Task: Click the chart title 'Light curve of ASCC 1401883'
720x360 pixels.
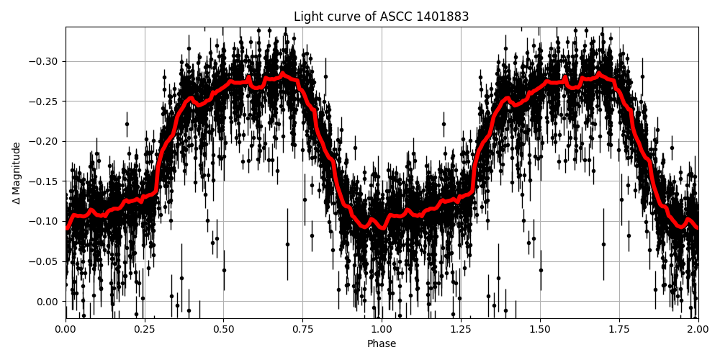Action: coord(382,17)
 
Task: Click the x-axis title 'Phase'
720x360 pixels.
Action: coord(382,344)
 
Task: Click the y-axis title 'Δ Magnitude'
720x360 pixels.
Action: coord(16,173)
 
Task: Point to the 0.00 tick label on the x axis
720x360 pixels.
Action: coord(66,330)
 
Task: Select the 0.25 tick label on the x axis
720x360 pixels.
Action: coord(145,330)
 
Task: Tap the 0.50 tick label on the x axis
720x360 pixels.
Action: coord(223,330)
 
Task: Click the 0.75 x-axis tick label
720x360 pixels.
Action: coord(302,330)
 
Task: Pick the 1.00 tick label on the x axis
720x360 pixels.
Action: coord(382,330)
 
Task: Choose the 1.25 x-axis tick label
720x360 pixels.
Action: coord(461,330)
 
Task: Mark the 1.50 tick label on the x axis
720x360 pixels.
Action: coord(540,330)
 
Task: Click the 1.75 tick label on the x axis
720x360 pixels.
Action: coord(618,330)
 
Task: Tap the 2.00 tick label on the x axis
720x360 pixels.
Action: coord(698,330)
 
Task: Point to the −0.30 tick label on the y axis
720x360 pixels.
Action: coord(45,61)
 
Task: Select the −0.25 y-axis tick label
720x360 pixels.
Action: coord(45,102)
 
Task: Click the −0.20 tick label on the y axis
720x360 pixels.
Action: coord(45,141)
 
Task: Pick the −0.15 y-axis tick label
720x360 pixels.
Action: coord(45,181)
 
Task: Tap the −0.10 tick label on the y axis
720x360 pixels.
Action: coord(45,221)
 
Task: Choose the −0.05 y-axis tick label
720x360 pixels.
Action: coord(45,261)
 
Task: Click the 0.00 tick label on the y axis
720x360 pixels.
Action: coord(48,302)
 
